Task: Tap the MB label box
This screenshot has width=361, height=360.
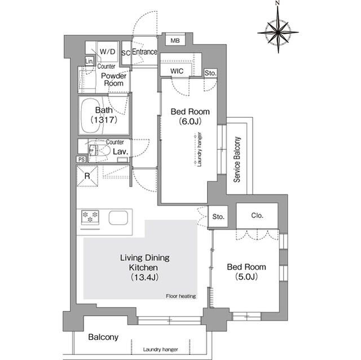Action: pos(175,40)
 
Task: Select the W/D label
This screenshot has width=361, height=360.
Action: pos(107,51)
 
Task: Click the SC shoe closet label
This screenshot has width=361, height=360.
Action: pos(126,52)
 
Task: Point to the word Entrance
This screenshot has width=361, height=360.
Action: pos(144,52)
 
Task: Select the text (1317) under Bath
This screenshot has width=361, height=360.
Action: pos(103,119)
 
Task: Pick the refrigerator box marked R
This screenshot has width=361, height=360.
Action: pos(87,175)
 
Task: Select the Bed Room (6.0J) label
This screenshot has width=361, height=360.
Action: pos(190,116)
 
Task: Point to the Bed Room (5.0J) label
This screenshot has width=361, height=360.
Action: pos(246,272)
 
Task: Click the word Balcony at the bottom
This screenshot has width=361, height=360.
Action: pos(103,337)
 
